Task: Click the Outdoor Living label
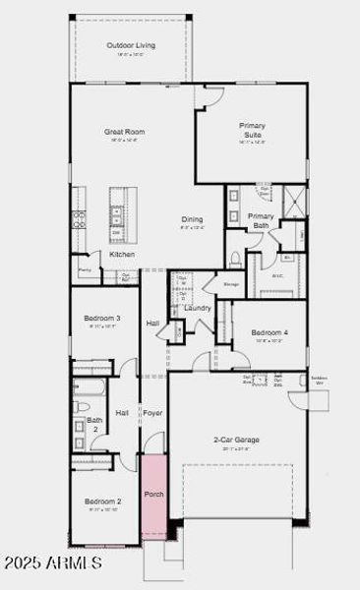tap(131, 45)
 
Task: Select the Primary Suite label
tap(252, 130)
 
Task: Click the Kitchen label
tap(122, 255)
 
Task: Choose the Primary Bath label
tap(261, 220)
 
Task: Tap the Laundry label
tap(198, 308)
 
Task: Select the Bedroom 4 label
tap(269, 332)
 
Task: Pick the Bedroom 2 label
tap(103, 501)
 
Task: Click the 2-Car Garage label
tap(236, 440)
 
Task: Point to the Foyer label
tap(152, 413)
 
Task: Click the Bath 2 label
tap(95, 425)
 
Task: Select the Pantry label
tap(85, 268)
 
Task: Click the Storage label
tap(231, 285)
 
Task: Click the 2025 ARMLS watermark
tap(51, 562)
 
